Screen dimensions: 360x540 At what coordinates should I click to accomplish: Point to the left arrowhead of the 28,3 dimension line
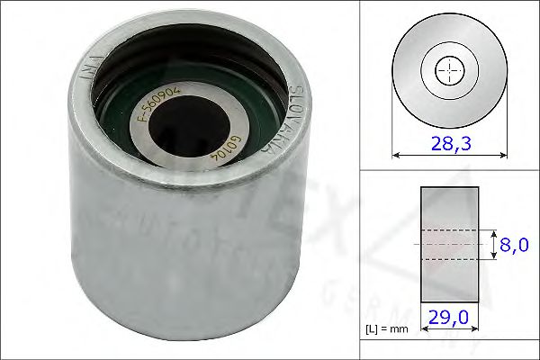[397, 154]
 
